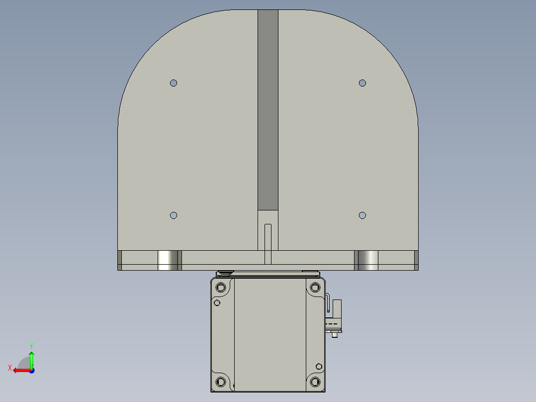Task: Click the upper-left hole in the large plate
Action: click(174, 83)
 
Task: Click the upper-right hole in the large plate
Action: click(362, 83)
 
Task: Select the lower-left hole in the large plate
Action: click(174, 215)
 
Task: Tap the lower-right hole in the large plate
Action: click(362, 215)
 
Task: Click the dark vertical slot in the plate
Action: click(268, 109)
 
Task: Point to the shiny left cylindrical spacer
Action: click(169, 260)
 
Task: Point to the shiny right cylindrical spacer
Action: click(367, 260)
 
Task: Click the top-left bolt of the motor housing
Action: click(221, 287)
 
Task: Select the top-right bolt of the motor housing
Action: click(315, 287)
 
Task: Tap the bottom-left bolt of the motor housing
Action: click(221, 382)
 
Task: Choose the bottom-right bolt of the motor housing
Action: click(315, 382)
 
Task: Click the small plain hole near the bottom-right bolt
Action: click(319, 367)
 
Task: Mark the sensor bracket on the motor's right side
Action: click(334, 316)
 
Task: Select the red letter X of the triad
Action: click(10, 368)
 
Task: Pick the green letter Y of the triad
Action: click(31, 345)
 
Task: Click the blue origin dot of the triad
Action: click(31, 370)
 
